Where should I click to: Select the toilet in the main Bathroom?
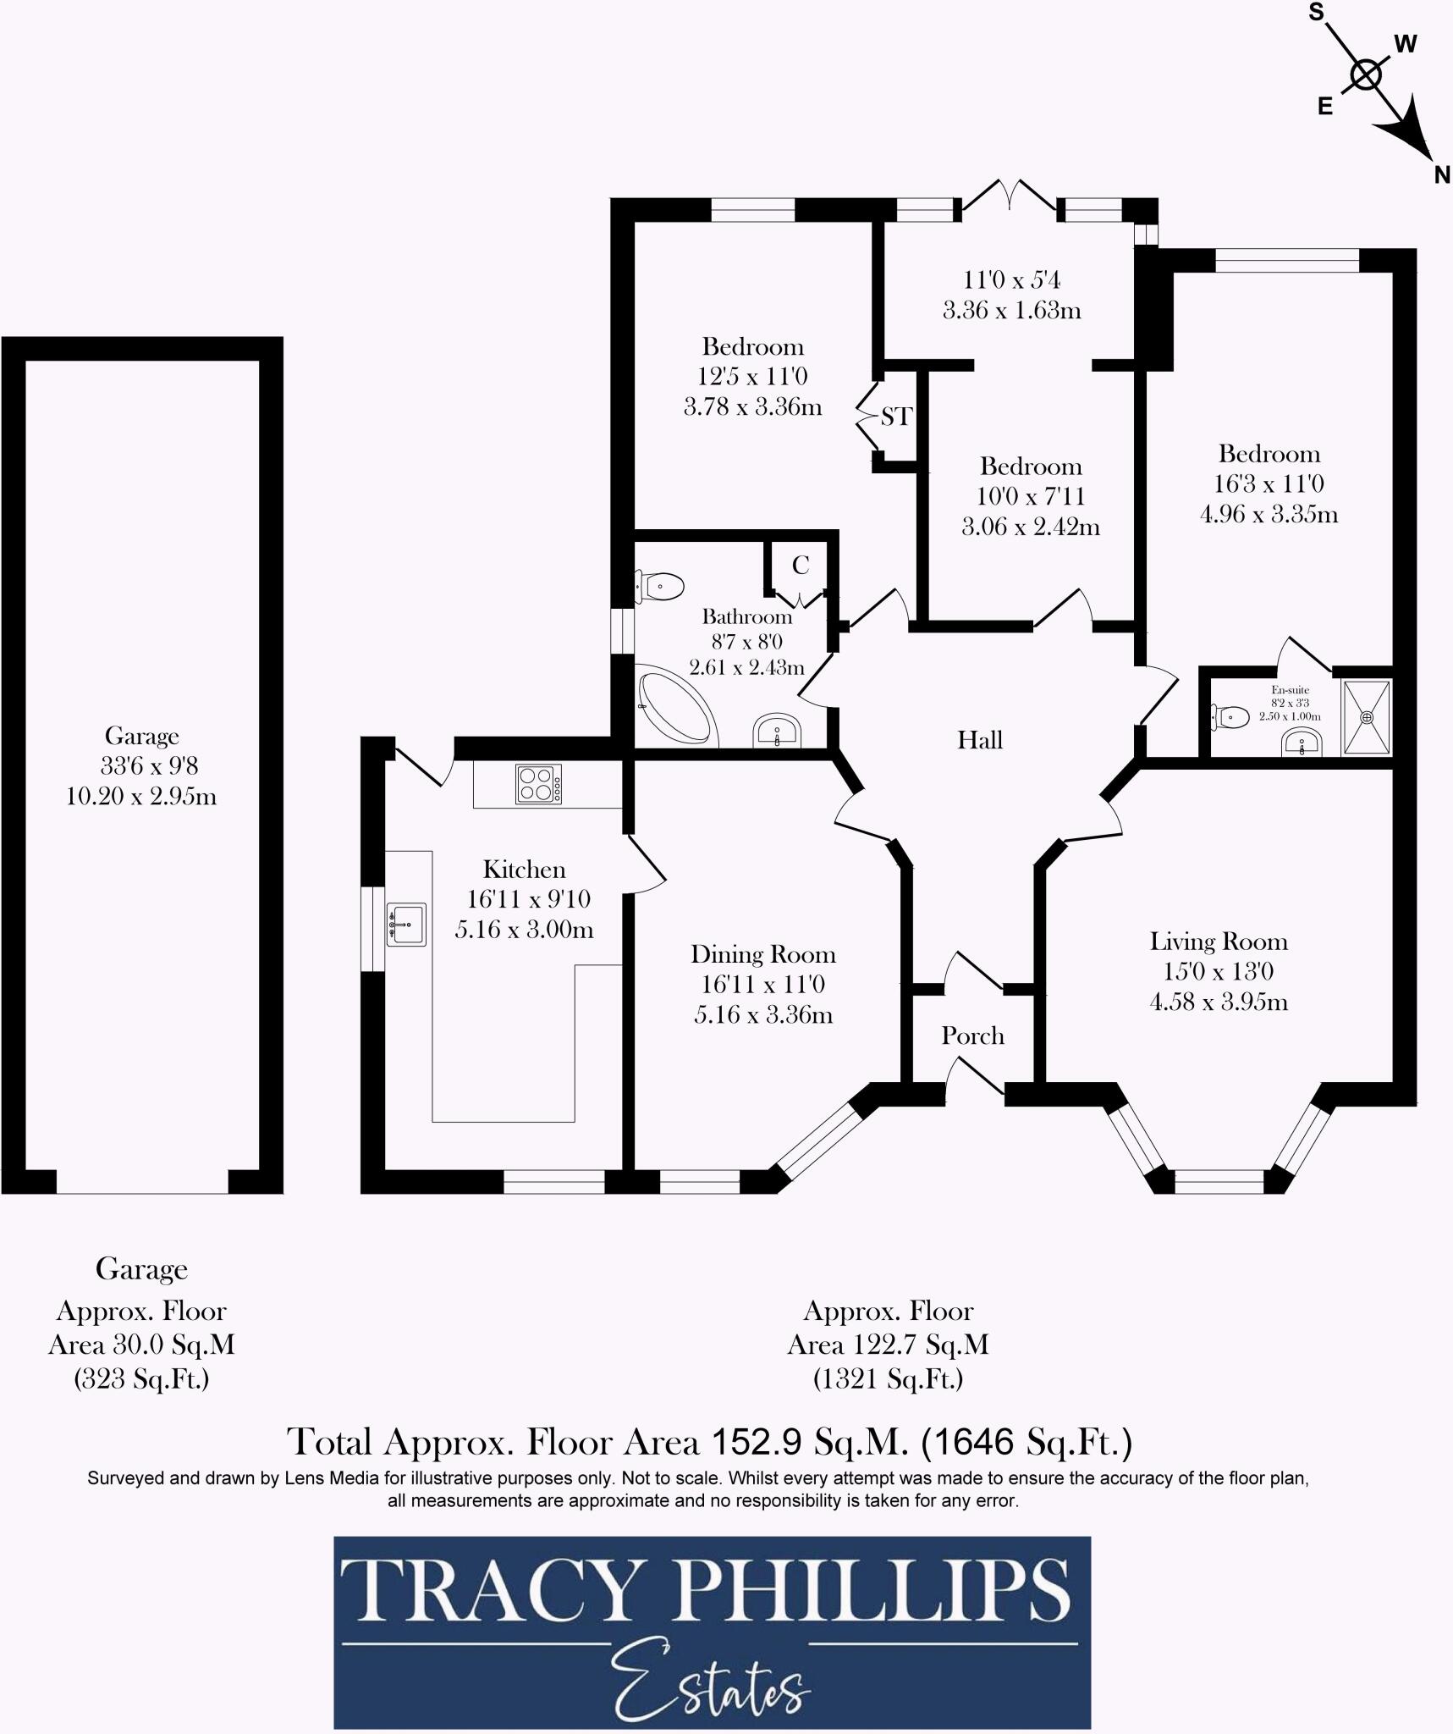(x=661, y=586)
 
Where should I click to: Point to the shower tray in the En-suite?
(x=1366, y=717)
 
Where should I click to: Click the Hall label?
(x=980, y=741)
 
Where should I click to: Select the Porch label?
(x=972, y=1036)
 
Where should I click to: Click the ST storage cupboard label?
(x=896, y=417)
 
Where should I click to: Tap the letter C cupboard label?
(x=800, y=565)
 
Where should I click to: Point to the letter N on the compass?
(x=1442, y=175)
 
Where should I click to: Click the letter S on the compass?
(x=1317, y=13)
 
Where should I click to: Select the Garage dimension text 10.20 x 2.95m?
(x=141, y=797)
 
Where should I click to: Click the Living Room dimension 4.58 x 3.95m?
(x=1219, y=1002)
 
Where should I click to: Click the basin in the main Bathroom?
(x=777, y=732)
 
